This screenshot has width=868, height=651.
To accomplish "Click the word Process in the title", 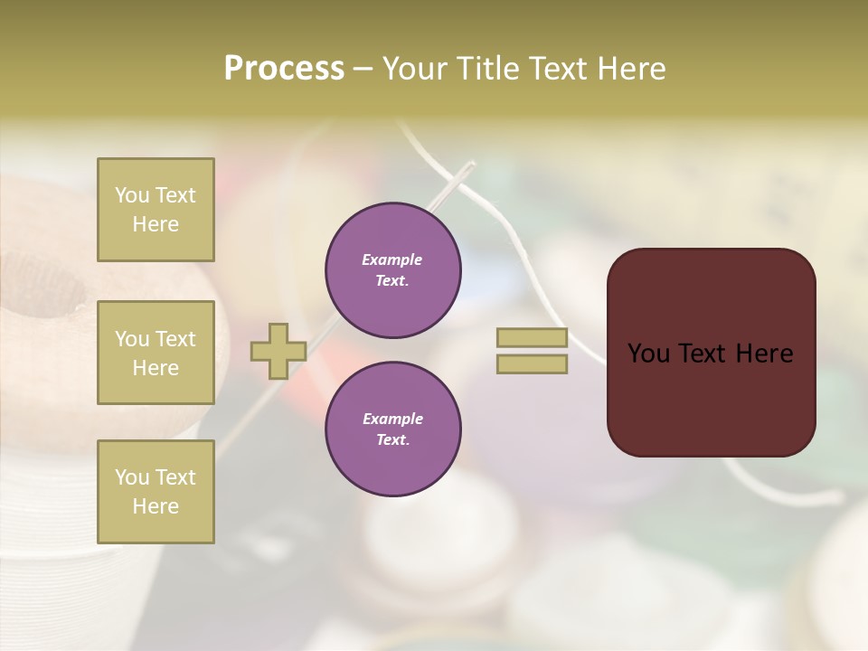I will (x=284, y=69).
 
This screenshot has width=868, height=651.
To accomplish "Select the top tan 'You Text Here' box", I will (x=156, y=210).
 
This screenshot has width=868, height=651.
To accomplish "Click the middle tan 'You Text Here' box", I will (x=156, y=353).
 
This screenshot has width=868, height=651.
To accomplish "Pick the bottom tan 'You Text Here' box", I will (x=156, y=491).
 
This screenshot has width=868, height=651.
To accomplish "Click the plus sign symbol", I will (x=278, y=351).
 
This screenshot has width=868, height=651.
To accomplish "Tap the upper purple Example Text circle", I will (x=392, y=270).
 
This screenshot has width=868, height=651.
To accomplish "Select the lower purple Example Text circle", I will (x=392, y=429).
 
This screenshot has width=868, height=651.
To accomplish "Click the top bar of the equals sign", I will (x=532, y=337).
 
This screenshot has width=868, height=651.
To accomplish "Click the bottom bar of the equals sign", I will (x=532, y=364).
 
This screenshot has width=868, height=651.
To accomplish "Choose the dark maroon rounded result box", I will (x=711, y=398).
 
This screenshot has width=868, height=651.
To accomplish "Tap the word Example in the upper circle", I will (x=392, y=259).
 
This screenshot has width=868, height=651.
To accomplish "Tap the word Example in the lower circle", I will (x=392, y=419).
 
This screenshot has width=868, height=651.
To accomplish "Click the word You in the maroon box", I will (x=648, y=354).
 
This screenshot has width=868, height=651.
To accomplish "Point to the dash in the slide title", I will (x=363, y=69).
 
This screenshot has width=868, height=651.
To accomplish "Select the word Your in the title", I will (x=418, y=69).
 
